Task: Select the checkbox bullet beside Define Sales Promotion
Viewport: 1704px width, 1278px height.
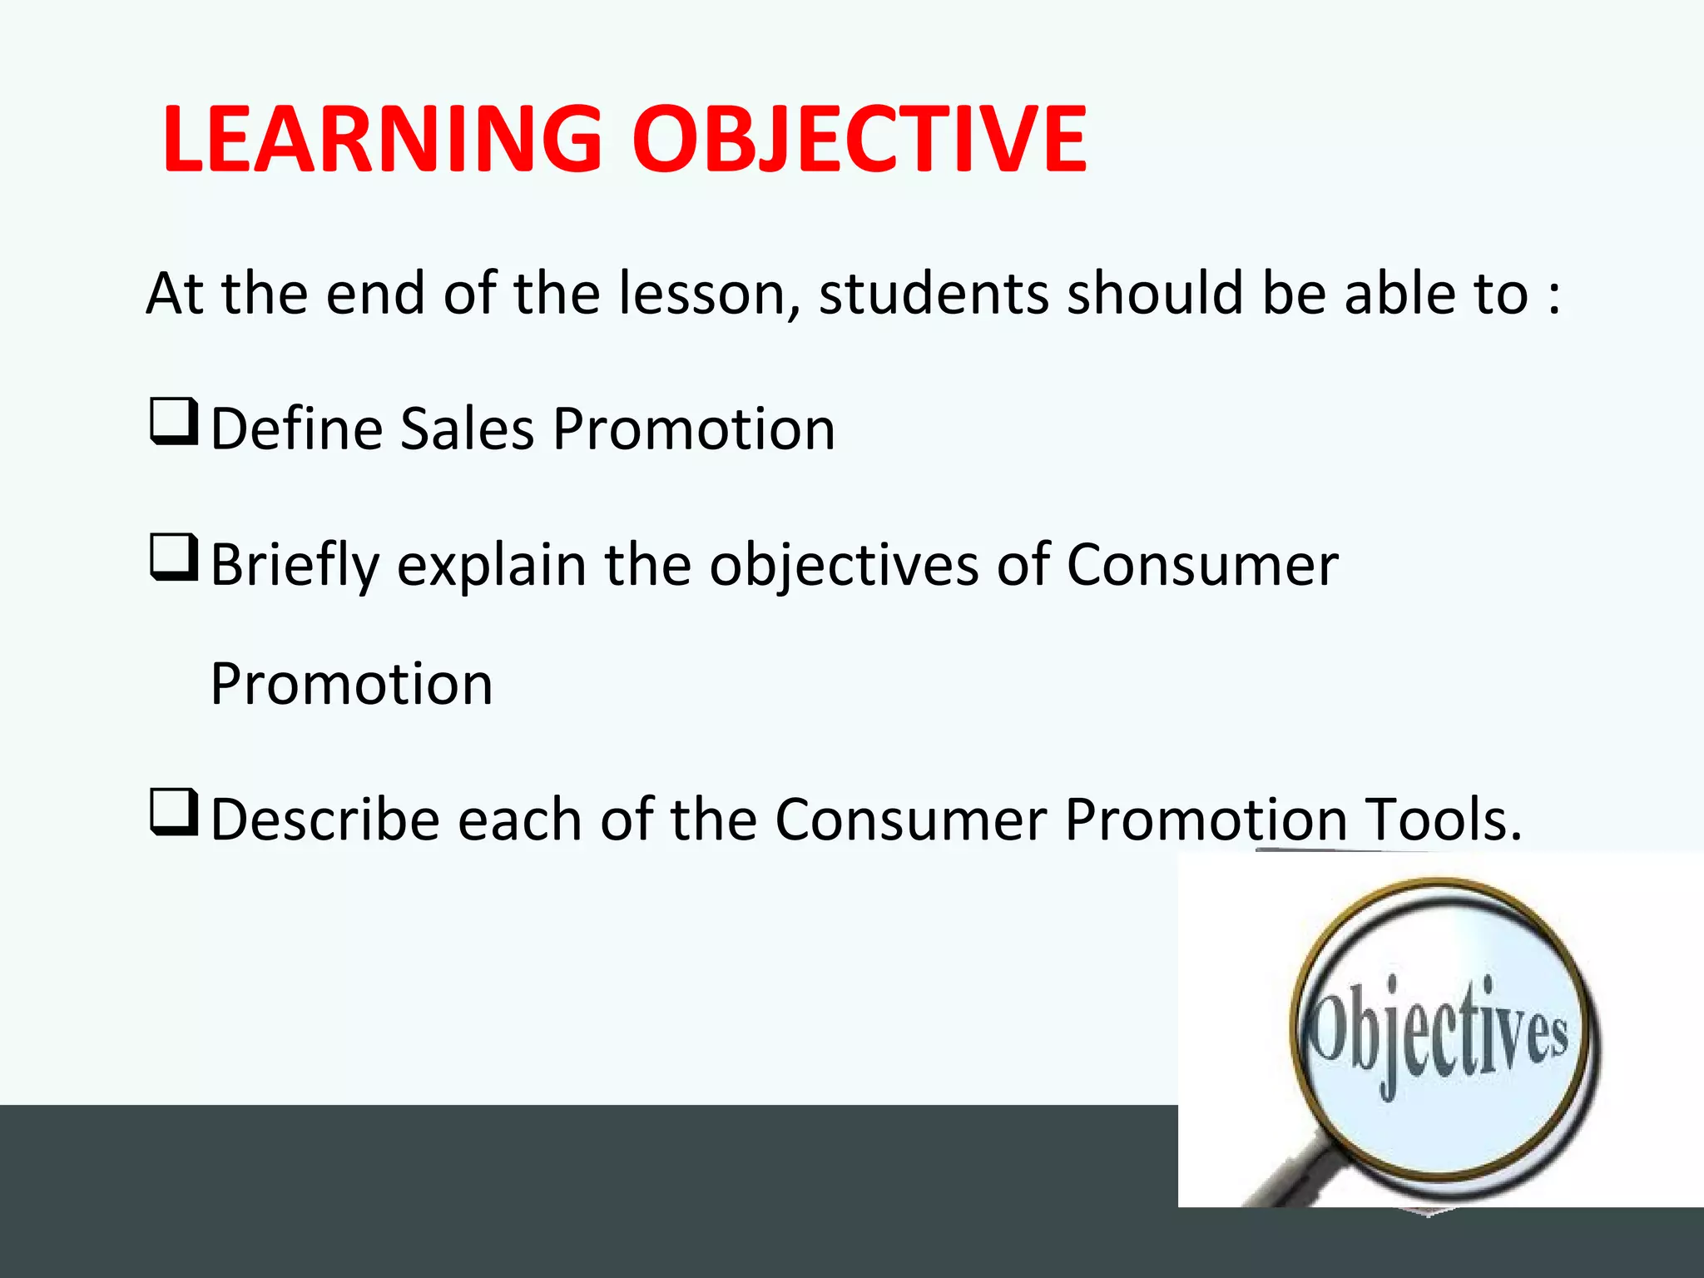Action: click(x=174, y=422)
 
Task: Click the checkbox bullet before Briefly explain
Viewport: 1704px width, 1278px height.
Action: click(x=174, y=558)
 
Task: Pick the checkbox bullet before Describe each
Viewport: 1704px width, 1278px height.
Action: click(x=174, y=813)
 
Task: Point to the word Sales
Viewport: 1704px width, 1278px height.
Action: click(x=467, y=429)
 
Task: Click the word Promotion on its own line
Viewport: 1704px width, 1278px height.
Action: click(x=352, y=684)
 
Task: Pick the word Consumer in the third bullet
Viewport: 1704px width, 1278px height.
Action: click(x=910, y=820)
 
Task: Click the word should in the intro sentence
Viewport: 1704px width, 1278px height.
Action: click(x=1156, y=295)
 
